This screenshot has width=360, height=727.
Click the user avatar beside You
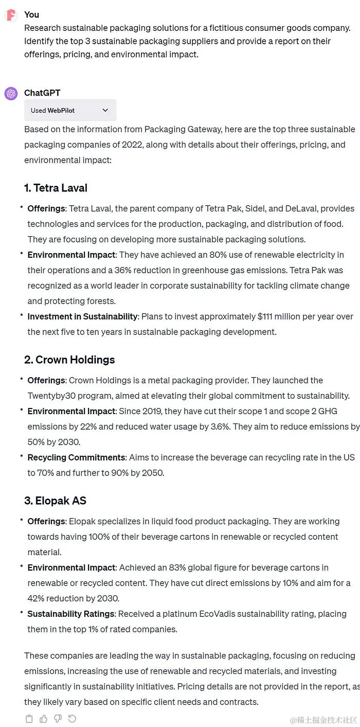11,15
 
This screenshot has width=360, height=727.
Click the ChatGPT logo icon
11,94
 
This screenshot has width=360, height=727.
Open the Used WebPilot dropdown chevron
105,110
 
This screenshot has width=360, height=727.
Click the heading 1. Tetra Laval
56,188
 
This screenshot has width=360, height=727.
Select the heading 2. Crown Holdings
69,360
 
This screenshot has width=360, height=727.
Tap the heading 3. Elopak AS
55,501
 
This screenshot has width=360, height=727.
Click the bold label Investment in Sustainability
82,316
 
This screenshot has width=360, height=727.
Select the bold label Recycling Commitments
76,457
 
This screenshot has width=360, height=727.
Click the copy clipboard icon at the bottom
29,719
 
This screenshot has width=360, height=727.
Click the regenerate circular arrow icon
72,719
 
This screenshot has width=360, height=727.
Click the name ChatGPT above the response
42,93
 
